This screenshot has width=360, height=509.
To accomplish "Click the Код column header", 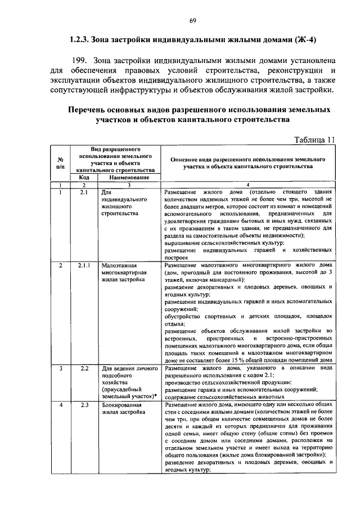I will (x=84, y=178).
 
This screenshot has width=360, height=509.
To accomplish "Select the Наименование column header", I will (x=128, y=178).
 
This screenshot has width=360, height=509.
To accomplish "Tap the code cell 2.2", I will (x=84, y=368).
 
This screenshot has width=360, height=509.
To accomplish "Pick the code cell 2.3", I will (x=84, y=404).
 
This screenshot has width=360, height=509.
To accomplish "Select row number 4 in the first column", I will (x=60, y=404).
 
